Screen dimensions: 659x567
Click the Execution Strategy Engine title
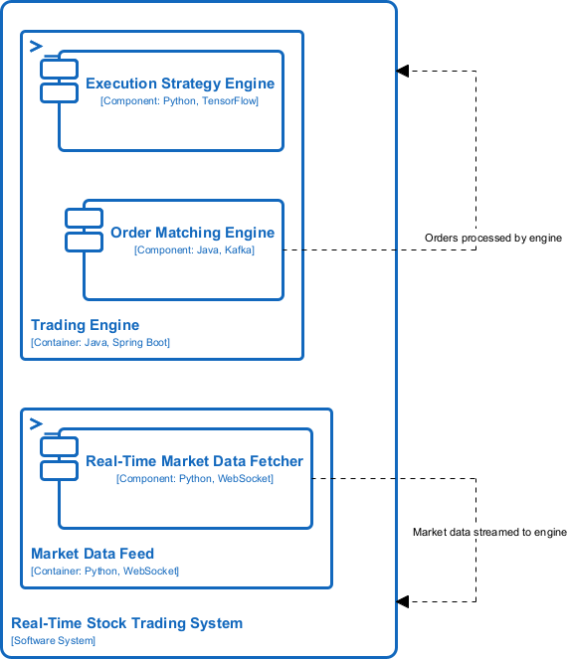point(179,83)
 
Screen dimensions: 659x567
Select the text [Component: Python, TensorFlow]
point(179,101)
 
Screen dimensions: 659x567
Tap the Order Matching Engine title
point(192,233)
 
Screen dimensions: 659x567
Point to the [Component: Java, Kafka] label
point(194,250)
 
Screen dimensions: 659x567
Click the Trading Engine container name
point(85,325)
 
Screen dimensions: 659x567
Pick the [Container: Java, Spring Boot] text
point(100,343)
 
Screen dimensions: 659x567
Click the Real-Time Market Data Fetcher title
point(194,461)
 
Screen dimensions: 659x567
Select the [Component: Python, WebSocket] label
point(195,479)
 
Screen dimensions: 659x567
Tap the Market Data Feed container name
point(93,554)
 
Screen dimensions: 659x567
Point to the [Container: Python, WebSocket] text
point(104,572)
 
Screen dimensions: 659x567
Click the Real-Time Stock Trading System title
point(126,623)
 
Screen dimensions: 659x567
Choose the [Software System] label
point(53,641)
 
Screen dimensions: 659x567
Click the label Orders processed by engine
point(493,239)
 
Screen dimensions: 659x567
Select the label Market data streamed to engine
point(489,533)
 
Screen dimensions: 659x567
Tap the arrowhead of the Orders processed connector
point(402,71)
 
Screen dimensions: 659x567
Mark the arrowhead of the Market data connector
point(402,601)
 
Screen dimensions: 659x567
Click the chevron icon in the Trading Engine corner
point(36,46)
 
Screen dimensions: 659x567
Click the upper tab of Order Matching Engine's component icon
point(84,219)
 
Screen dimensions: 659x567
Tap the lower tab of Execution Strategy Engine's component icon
point(59,92)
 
